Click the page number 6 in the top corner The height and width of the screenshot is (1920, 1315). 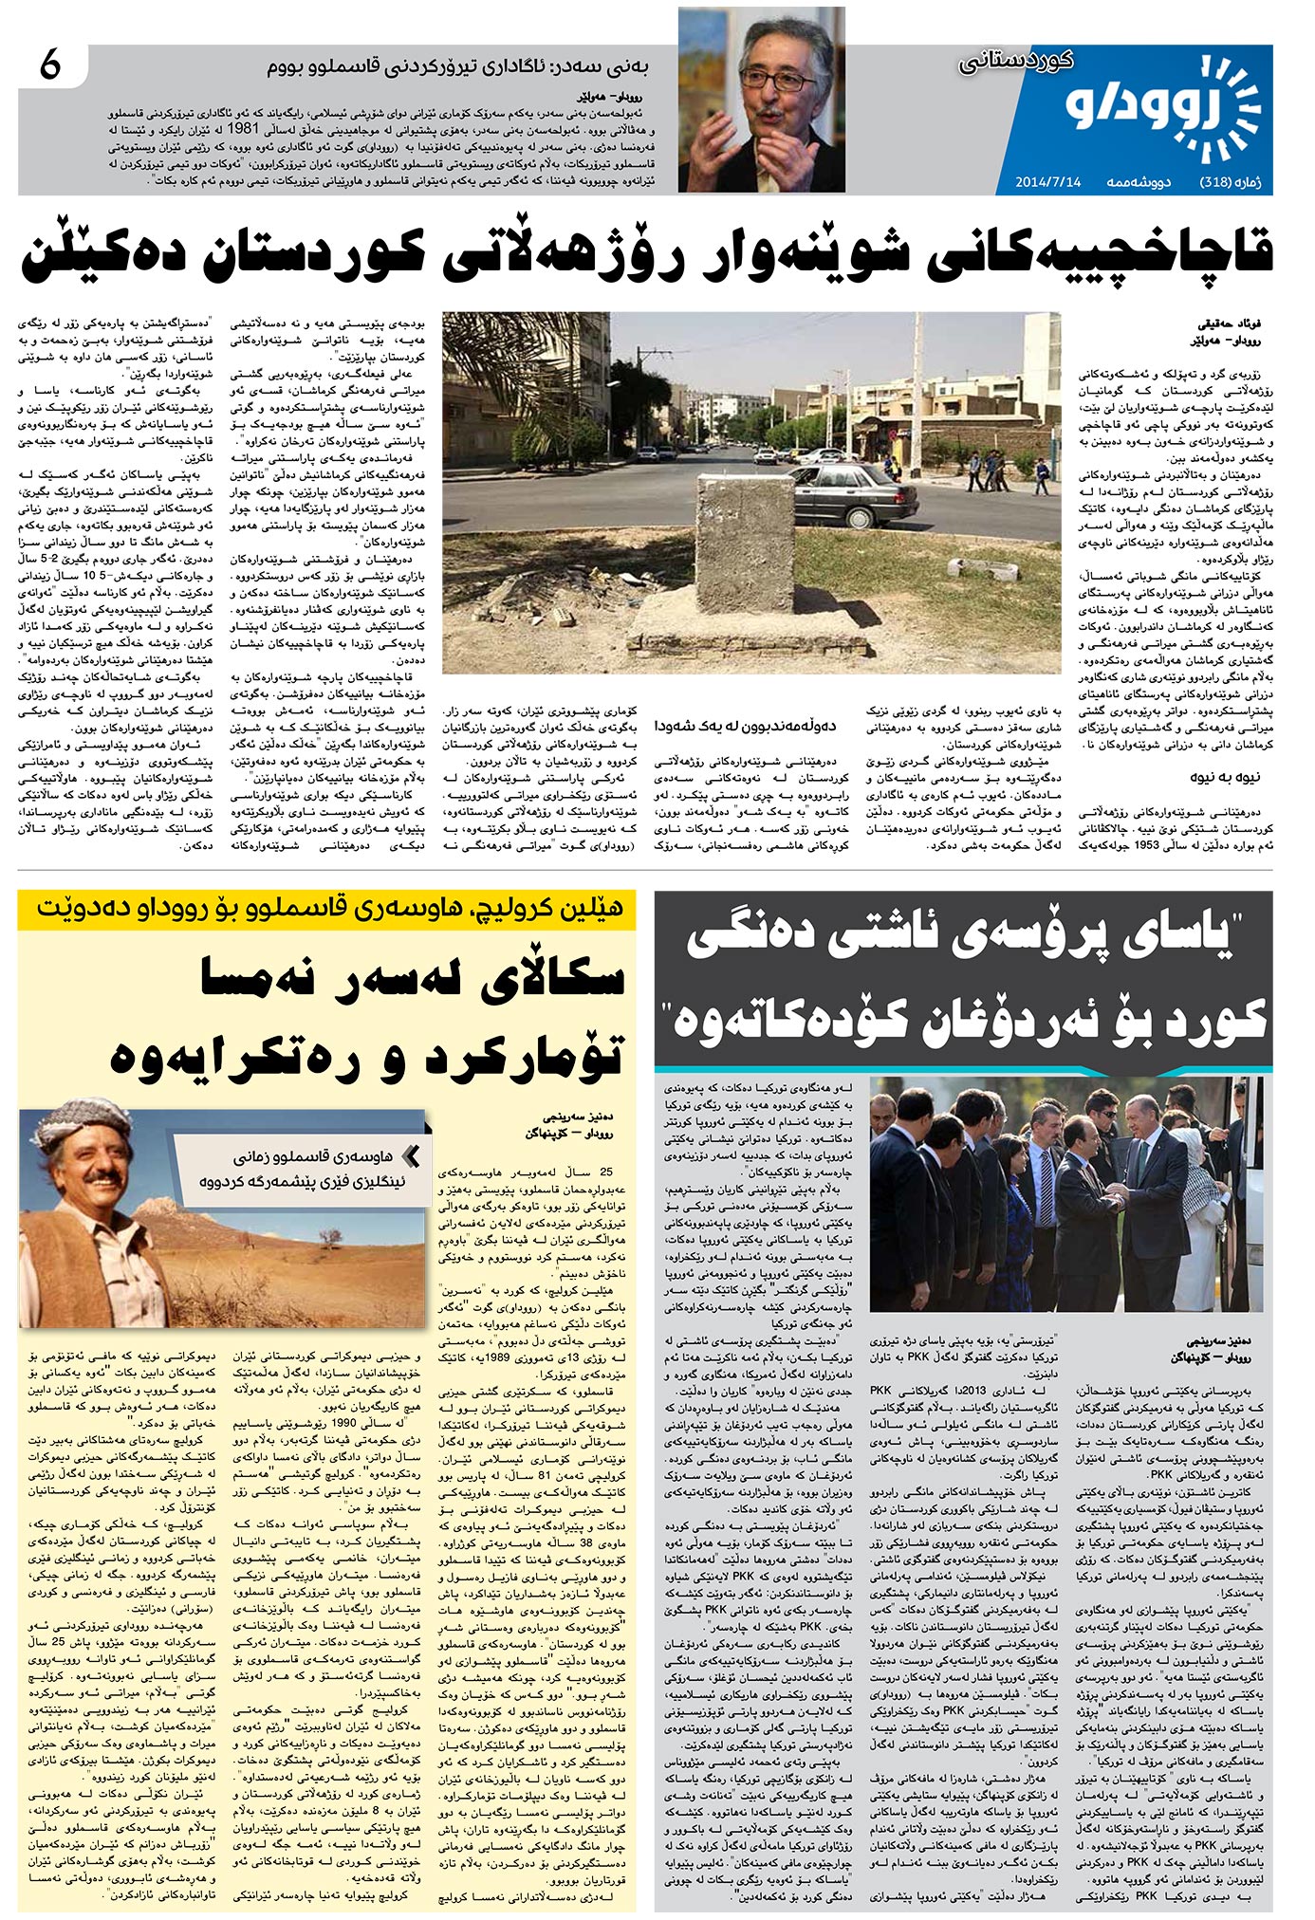point(49,66)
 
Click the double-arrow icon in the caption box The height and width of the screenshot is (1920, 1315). point(411,1155)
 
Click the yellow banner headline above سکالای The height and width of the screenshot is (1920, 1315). point(327,908)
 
